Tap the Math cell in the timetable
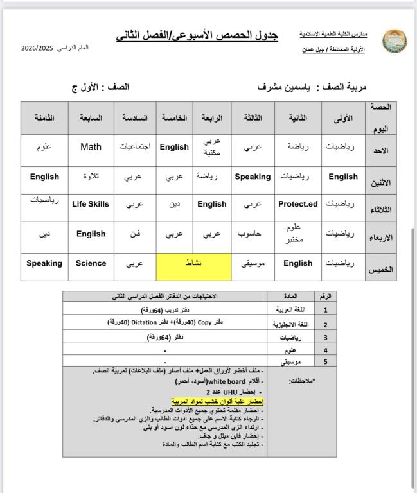(x=91, y=147)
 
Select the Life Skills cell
(x=91, y=204)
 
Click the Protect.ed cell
(x=297, y=204)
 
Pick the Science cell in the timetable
(x=91, y=263)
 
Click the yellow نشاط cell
(x=193, y=263)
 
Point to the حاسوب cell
(x=253, y=234)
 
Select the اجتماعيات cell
(x=135, y=147)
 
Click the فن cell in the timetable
(x=135, y=234)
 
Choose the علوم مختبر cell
(x=297, y=234)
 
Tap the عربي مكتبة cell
(x=212, y=147)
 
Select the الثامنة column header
(x=44, y=119)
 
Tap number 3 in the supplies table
(x=326, y=336)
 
